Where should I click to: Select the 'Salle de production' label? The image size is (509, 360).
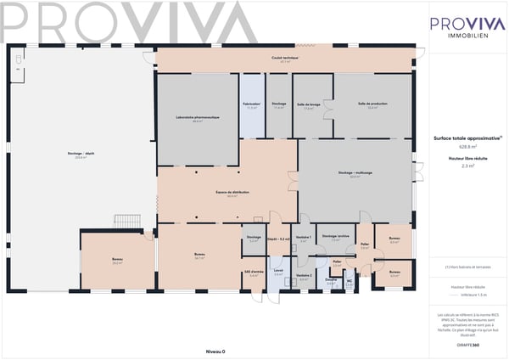click(x=372, y=104)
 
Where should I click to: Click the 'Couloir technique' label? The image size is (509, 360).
click(x=286, y=58)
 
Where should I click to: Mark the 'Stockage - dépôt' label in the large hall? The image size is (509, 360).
click(x=81, y=154)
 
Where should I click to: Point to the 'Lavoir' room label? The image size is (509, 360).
click(x=278, y=272)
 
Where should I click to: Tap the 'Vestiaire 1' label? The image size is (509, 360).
click(x=304, y=238)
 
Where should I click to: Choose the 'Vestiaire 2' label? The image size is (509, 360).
click(x=304, y=276)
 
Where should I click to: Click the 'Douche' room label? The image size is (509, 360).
click(x=331, y=280)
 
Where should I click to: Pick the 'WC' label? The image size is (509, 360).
click(x=349, y=282)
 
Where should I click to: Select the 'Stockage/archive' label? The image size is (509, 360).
click(x=336, y=237)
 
